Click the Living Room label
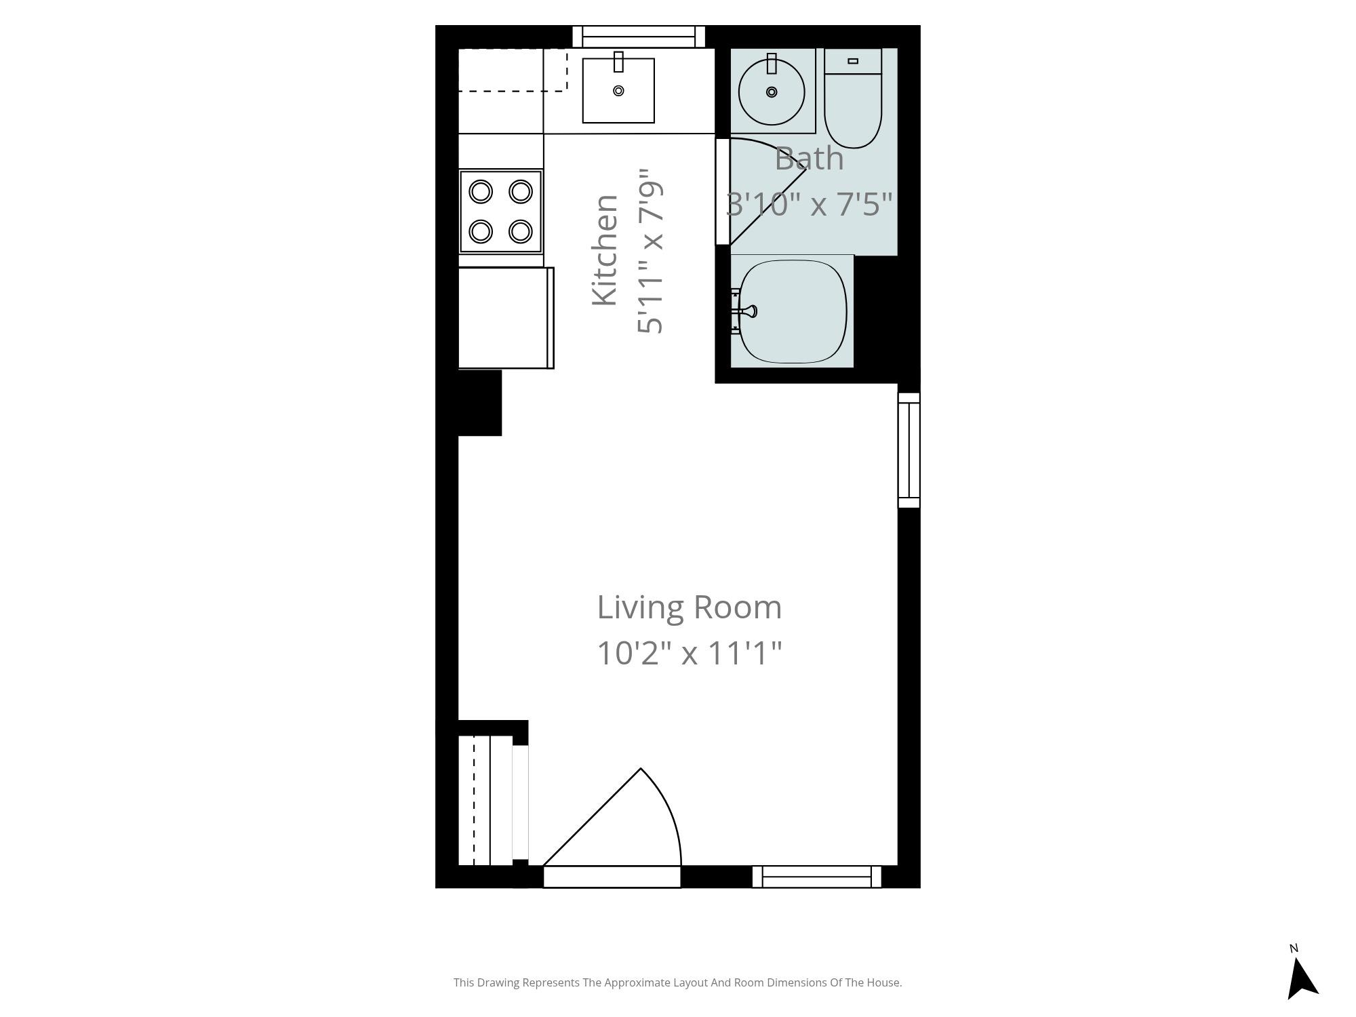coord(689,607)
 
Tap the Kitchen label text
coord(605,250)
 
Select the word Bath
coord(809,159)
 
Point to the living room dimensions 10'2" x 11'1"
coord(689,654)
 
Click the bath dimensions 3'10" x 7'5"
coord(809,203)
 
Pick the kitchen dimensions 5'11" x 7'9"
coord(650,252)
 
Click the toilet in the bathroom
coord(853,98)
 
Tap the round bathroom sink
coord(772,92)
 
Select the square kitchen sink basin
coord(618,90)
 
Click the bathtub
coord(792,312)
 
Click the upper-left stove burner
coord(481,192)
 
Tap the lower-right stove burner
coord(520,231)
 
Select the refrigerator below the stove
coord(506,318)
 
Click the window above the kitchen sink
coord(639,37)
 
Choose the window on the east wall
coord(909,450)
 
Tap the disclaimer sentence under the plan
coord(677,982)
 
